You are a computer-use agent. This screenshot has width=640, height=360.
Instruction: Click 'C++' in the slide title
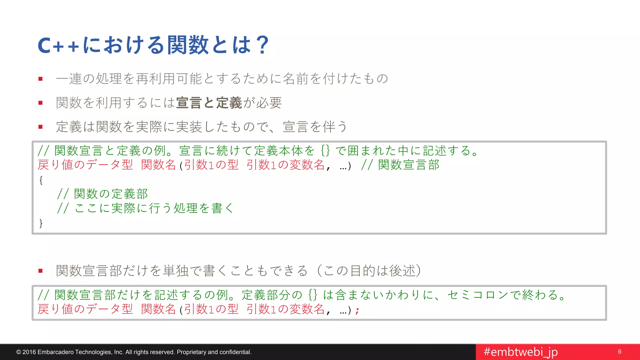58,46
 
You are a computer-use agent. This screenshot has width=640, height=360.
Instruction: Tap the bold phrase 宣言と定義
209,103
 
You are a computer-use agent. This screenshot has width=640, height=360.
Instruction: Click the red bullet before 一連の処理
40,79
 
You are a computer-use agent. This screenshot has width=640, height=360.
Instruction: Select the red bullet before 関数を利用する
40,103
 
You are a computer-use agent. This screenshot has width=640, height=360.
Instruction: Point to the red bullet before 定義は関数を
40,127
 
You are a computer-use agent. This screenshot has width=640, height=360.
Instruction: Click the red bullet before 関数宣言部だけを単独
40,271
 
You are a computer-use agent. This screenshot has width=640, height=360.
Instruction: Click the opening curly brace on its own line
41,180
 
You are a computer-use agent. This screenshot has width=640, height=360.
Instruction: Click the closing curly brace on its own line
41,223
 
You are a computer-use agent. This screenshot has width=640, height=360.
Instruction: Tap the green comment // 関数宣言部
400,165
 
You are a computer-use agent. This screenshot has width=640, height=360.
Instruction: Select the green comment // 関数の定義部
102,194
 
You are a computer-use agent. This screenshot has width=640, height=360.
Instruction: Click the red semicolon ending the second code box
357,310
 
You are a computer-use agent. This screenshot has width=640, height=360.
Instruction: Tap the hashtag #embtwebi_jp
521,352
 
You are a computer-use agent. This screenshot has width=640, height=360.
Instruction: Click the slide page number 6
620,352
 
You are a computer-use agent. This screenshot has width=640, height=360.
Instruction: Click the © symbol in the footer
18,352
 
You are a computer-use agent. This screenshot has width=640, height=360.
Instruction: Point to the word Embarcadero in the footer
56,352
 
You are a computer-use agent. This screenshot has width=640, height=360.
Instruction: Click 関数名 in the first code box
158,165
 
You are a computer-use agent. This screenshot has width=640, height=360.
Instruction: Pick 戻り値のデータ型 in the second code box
85,309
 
